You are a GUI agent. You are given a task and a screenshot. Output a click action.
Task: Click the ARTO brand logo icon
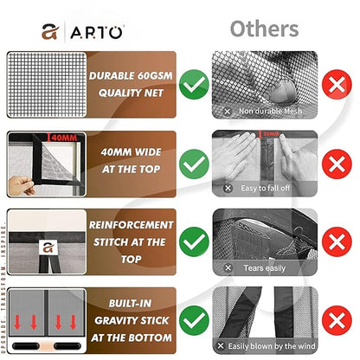(x=49, y=31)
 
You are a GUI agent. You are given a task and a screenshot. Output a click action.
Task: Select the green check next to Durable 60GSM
(x=196, y=85)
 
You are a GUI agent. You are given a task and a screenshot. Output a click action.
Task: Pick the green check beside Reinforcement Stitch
(x=196, y=240)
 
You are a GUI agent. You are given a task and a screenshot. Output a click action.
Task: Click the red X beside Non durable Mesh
(x=333, y=85)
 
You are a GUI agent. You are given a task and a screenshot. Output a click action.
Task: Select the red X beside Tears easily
(x=333, y=240)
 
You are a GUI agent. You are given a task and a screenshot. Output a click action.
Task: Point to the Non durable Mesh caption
(x=270, y=111)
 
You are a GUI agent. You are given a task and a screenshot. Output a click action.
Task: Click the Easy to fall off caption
(x=267, y=188)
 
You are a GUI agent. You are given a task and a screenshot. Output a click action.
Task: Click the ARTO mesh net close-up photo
(x=45, y=85)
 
